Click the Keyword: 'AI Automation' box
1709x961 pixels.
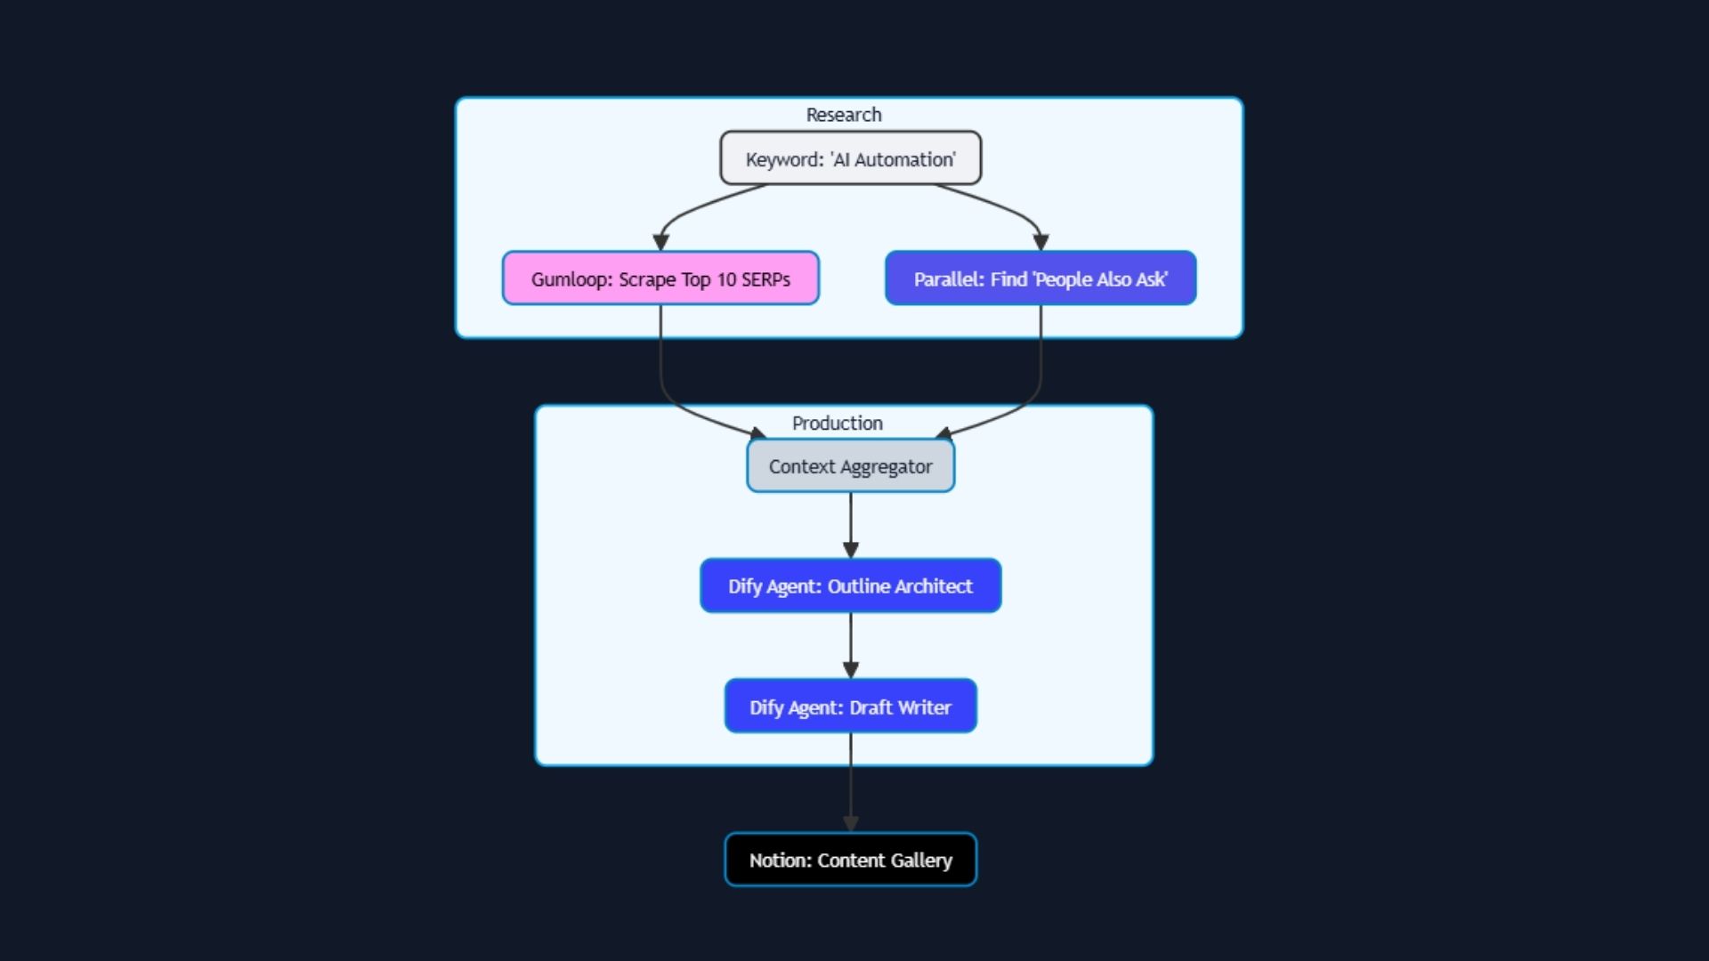click(850, 158)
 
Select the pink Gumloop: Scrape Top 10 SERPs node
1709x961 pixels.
click(660, 279)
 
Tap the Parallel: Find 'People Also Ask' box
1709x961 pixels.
click(1040, 279)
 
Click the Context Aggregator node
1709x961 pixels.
click(850, 466)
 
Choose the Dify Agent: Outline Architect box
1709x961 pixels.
click(850, 585)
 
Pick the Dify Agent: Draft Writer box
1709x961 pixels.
click(850, 707)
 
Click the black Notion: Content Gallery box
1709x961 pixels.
click(850, 860)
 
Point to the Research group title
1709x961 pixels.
click(843, 115)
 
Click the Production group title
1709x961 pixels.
click(837, 424)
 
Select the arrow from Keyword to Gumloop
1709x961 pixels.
click(690, 209)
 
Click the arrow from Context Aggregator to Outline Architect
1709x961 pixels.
click(850, 525)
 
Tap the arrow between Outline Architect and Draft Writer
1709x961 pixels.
click(850, 645)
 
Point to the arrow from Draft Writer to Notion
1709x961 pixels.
click(850, 783)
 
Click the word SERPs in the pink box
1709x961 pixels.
click(765, 279)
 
